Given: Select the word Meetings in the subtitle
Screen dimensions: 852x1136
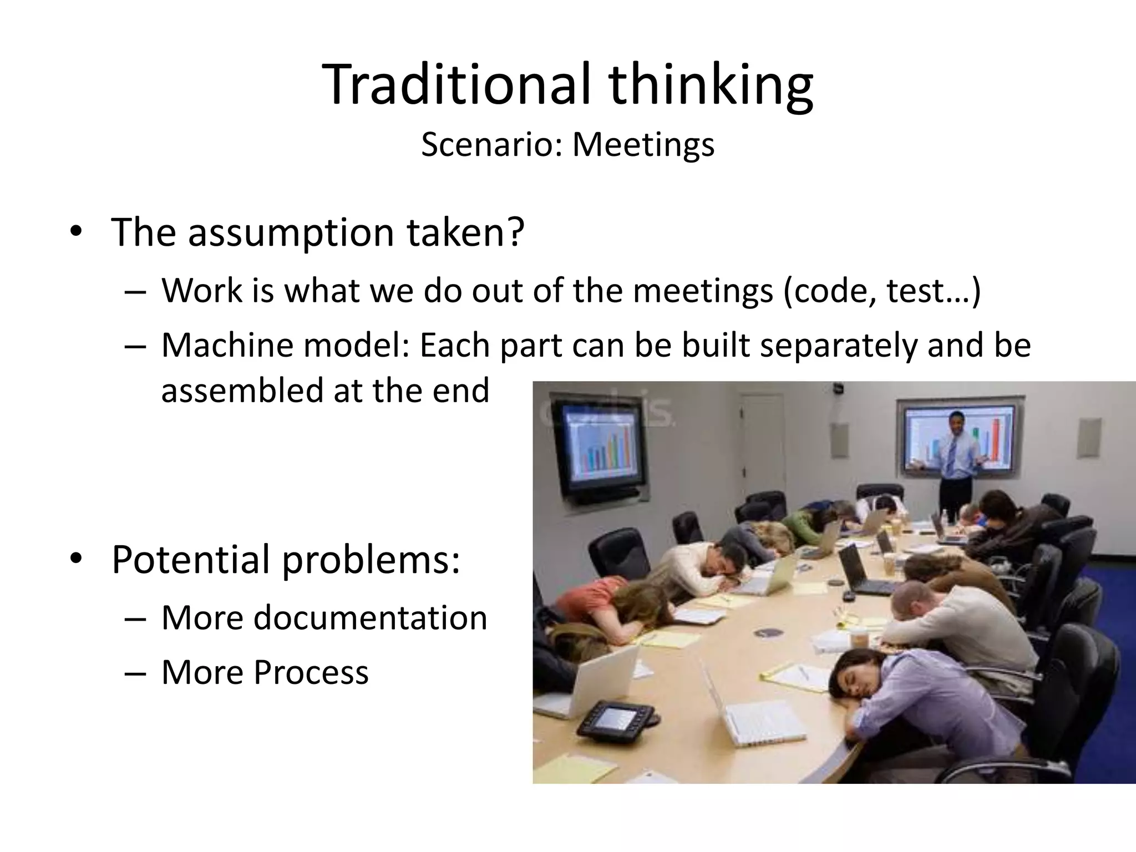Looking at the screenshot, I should click(643, 145).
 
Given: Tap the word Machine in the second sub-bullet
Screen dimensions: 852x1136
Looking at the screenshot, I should click(225, 345).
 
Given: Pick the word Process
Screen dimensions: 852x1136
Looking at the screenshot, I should click(311, 672).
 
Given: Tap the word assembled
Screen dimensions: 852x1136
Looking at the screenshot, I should click(242, 390).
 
